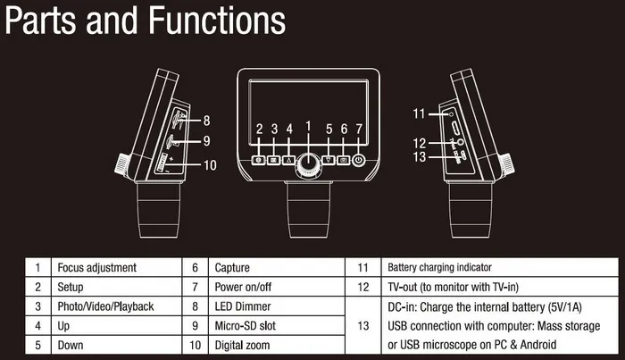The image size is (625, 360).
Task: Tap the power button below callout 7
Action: pos(359,161)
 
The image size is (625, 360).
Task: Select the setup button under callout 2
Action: pos(259,161)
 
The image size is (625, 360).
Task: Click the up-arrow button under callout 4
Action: pos(289,161)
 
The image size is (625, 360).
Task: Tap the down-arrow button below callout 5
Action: pos(329,161)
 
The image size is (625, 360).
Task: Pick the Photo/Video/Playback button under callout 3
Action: pos(274,161)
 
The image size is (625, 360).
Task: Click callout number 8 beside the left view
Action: pos(206,120)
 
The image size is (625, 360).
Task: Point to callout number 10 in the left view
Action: pos(210,164)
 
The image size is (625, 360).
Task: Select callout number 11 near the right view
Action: pos(418,113)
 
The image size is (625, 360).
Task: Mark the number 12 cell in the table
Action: pos(362,287)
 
